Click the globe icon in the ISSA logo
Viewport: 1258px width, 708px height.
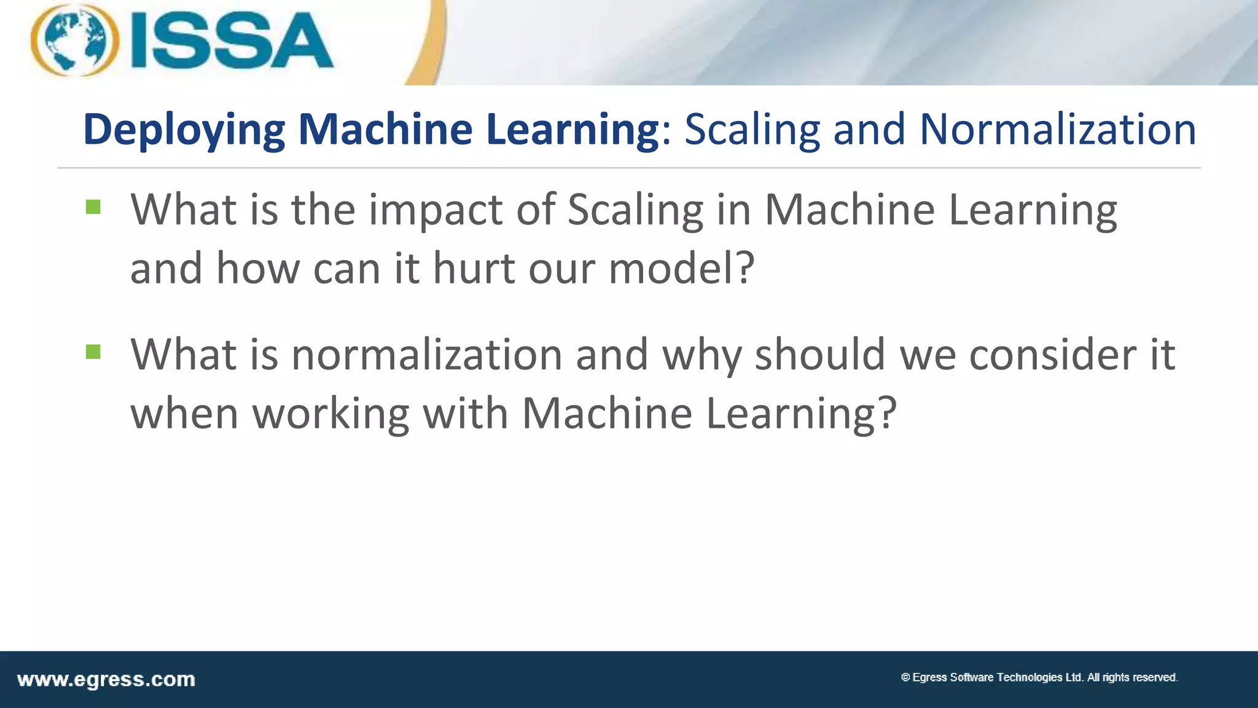[75, 40]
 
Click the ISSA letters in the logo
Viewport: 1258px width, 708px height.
[232, 41]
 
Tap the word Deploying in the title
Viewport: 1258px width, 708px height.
[184, 130]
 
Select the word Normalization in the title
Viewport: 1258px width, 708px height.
[1057, 130]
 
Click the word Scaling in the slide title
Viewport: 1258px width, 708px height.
[752, 130]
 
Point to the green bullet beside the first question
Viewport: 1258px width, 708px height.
[93, 207]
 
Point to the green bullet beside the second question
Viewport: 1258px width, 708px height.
[93, 352]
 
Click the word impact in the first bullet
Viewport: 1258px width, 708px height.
[436, 210]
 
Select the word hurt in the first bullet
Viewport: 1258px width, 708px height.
[474, 269]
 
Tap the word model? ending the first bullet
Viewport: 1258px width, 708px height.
[681, 269]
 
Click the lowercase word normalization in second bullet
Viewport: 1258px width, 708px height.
[426, 355]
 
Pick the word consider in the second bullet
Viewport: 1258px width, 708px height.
[1052, 355]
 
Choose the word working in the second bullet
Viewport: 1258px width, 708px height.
[331, 414]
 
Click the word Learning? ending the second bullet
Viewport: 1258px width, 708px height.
[801, 414]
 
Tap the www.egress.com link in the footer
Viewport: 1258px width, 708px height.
[106, 680]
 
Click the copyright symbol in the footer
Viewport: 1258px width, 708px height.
[905, 677]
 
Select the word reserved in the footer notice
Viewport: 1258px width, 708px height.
[1154, 677]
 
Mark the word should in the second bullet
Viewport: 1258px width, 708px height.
[819, 355]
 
